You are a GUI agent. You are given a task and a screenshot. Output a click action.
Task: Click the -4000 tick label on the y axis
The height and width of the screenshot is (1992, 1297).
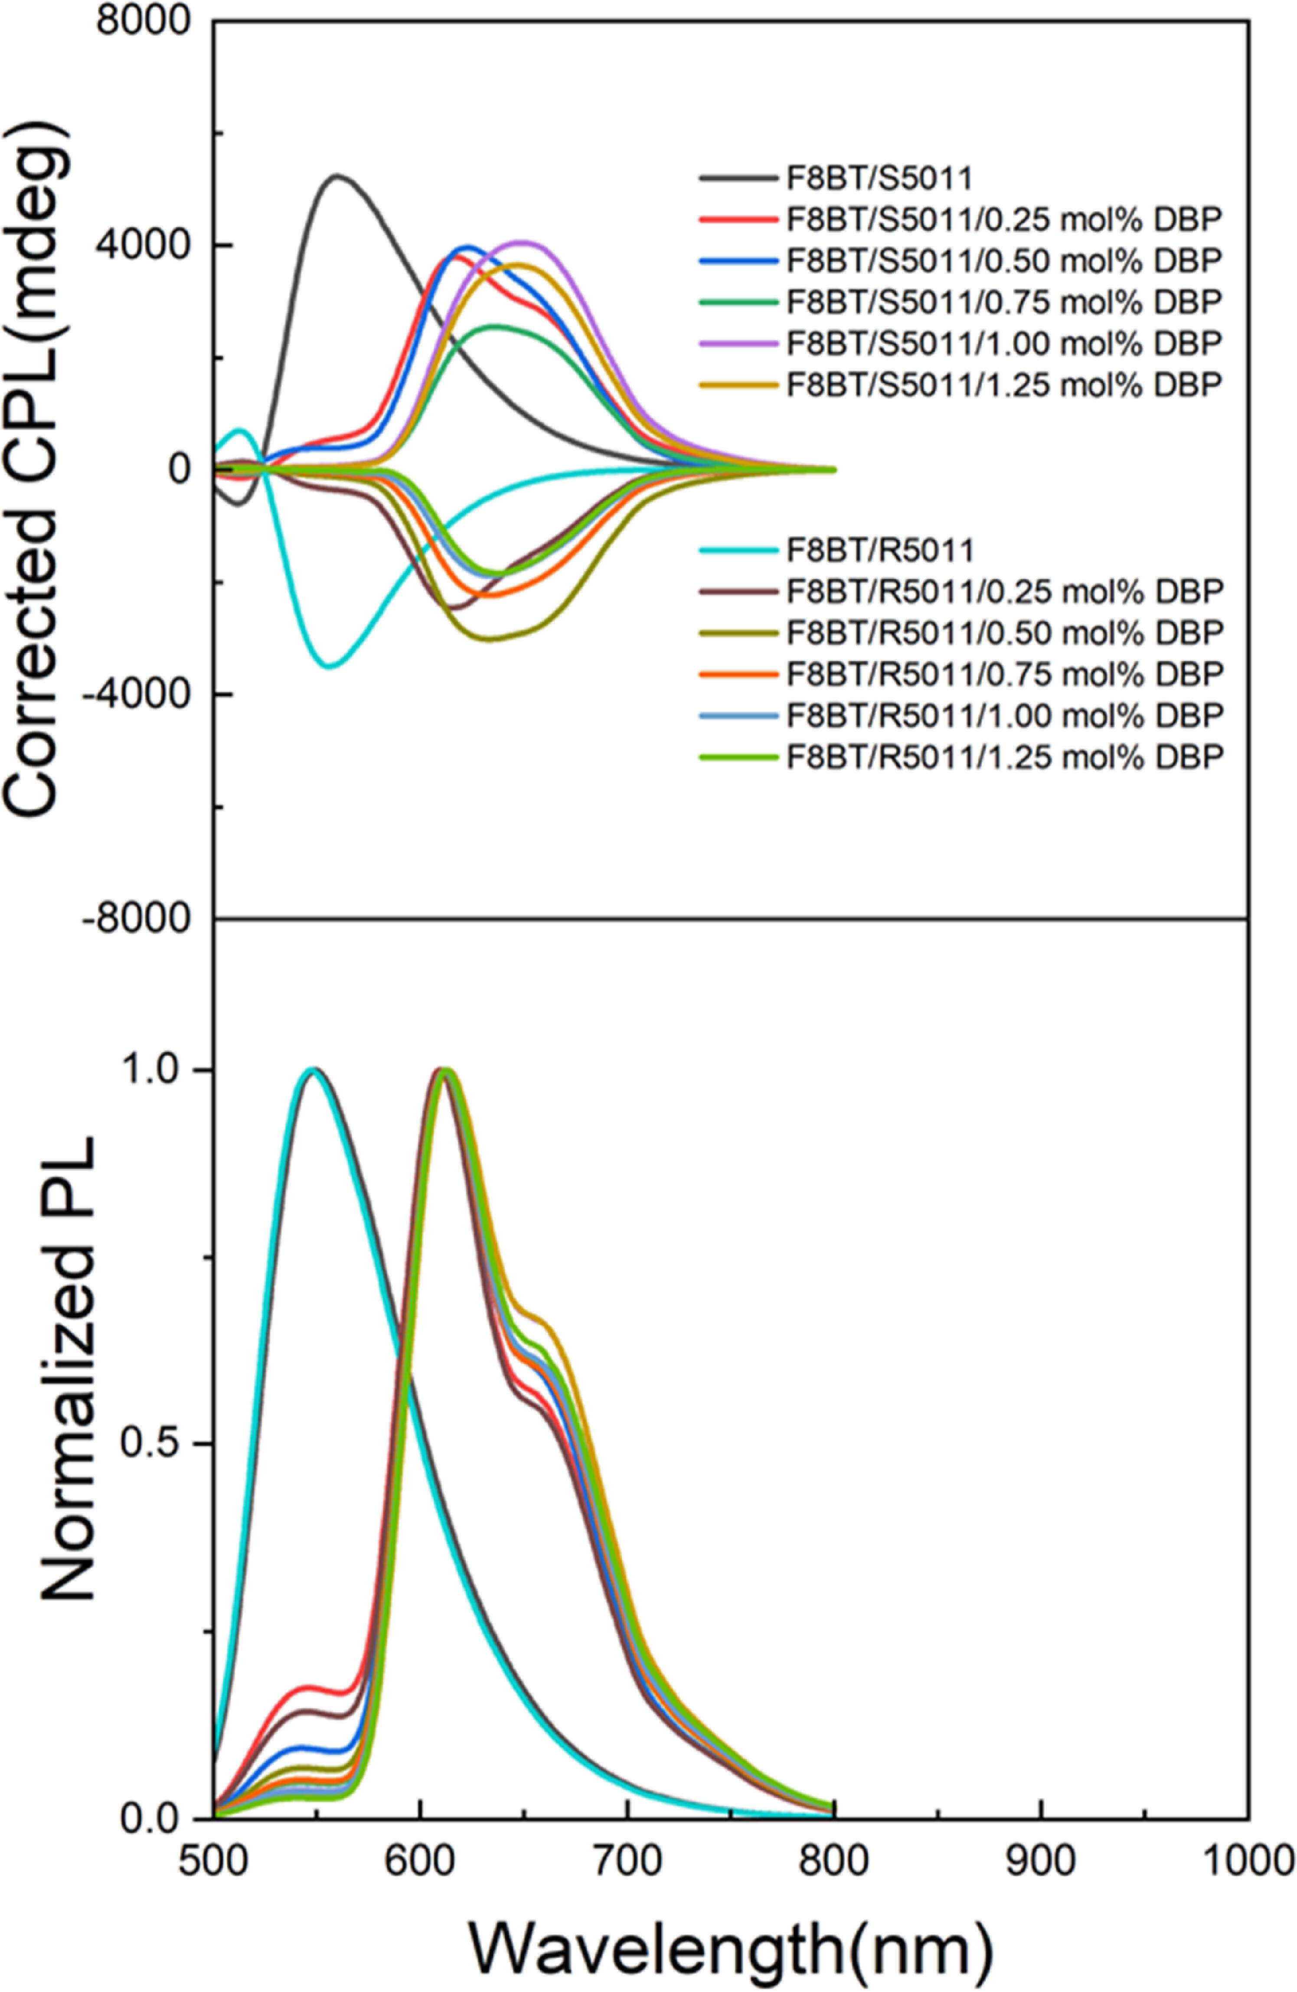click(x=136, y=694)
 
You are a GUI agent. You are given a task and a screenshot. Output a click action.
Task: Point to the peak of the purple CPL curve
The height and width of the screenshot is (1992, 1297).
click(x=523, y=242)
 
